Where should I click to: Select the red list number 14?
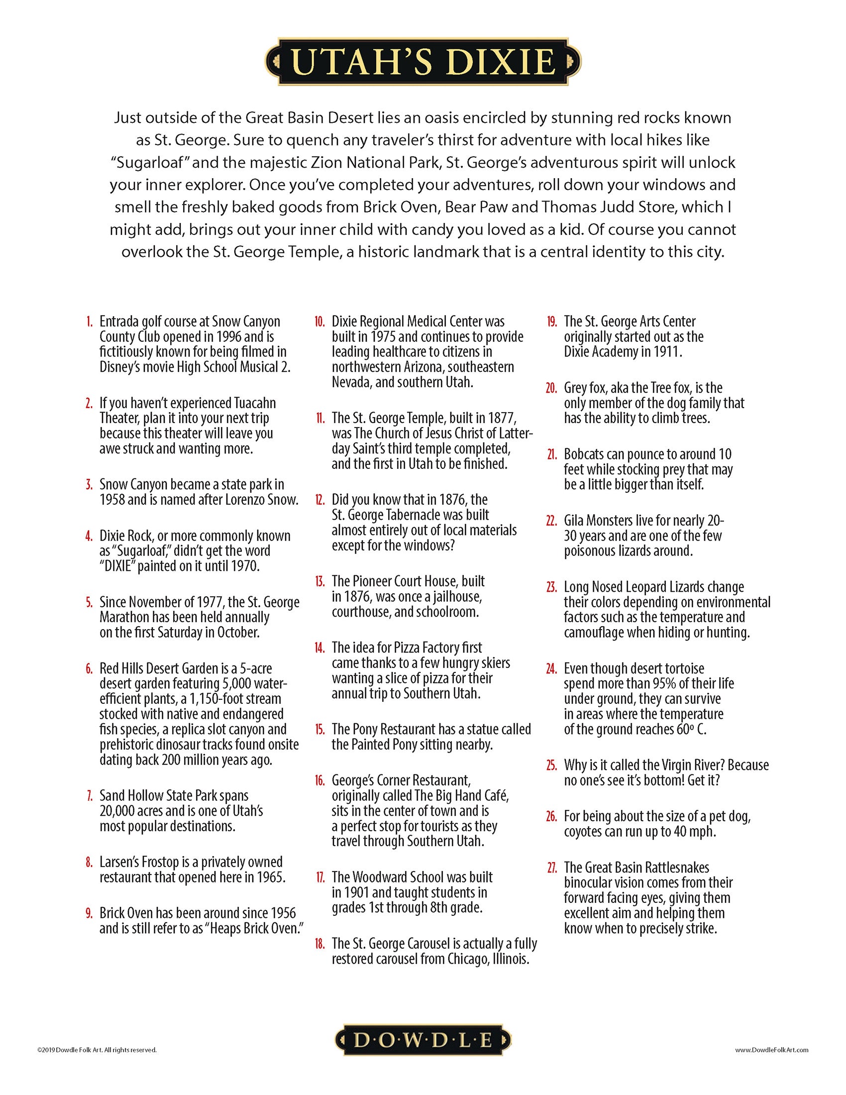coord(319,648)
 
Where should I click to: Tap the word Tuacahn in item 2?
coord(255,403)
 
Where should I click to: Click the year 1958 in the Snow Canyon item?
coord(112,500)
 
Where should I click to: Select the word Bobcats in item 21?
coord(583,454)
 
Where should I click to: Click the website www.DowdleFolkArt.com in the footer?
coord(771,1049)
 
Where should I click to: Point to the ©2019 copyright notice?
coord(97,1049)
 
